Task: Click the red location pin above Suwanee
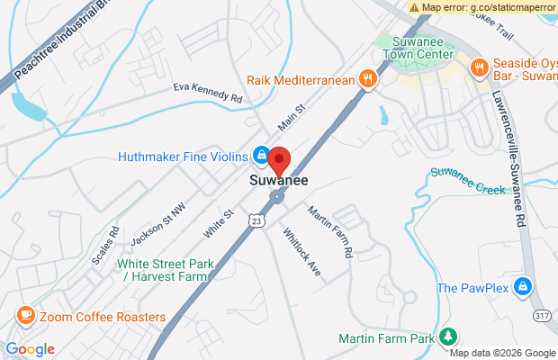[279, 161]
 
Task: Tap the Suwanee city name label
[279, 181]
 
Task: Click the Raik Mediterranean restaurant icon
[366, 79]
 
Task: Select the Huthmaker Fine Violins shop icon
[260, 157]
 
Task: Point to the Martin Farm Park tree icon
[448, 338]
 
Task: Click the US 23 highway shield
[258, 220]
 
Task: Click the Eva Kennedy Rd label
[208, 92]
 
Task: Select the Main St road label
[292, 117]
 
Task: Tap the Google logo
[30, 349]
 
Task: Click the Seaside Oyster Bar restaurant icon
[480, 67]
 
